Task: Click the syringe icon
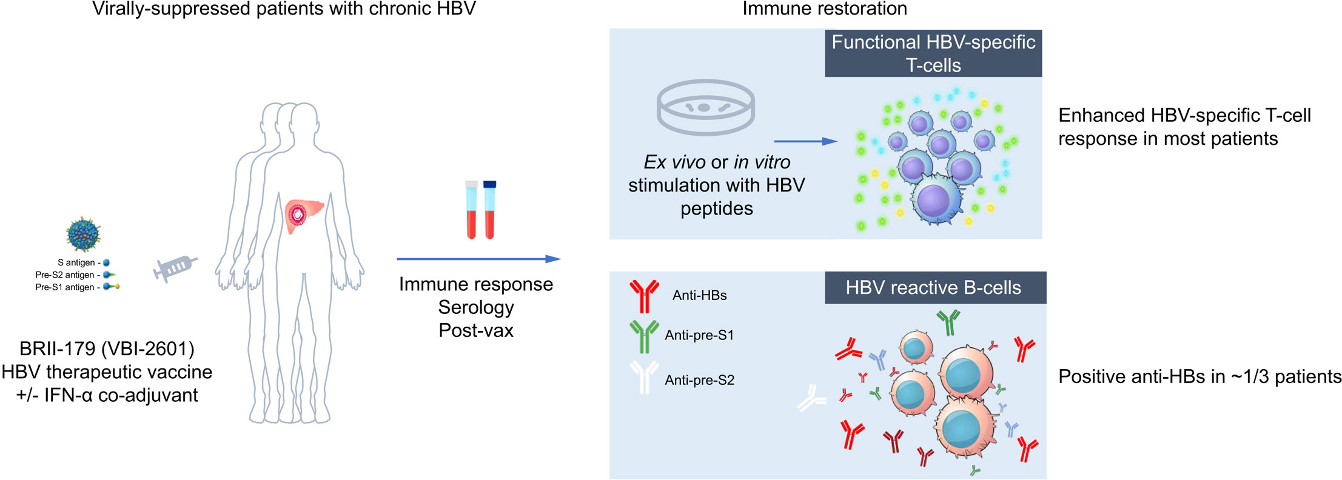(175, 267)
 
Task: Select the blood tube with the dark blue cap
(489, 209)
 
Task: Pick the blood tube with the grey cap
(471, 209)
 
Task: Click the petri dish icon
(705, 107)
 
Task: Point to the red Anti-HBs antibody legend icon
(644, 296)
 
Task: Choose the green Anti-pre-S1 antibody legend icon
(644, 336)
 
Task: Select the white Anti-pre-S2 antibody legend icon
(644, 377)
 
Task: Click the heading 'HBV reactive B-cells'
(933, 288)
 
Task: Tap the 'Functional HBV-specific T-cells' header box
(933, 53)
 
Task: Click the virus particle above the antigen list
(83, 234)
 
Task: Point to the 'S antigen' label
(76, 262)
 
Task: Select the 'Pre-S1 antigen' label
(65, 287)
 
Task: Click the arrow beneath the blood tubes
(478, 259)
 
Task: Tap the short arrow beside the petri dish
(805, 141)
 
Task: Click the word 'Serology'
(476, 307)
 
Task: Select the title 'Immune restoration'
(825, 8)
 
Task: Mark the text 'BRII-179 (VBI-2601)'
(107, 348)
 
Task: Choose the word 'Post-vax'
(476, 330)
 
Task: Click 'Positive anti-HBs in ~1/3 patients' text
(1199, 376)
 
